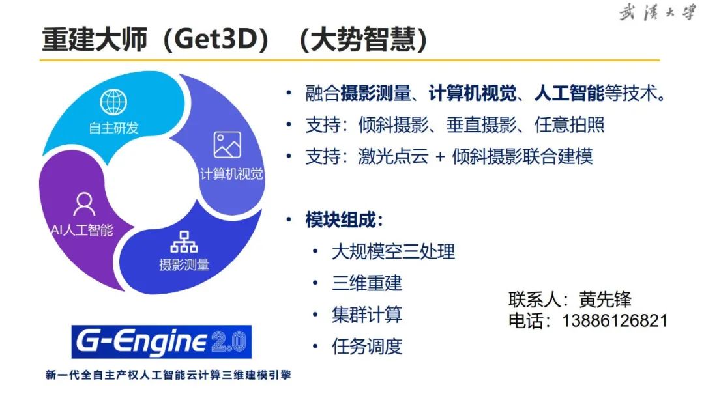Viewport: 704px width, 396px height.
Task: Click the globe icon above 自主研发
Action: point(113,102)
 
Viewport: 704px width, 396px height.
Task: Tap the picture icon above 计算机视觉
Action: point(227,145)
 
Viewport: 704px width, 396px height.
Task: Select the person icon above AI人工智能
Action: point(83,205)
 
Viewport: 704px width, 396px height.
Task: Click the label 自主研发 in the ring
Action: point(114,128)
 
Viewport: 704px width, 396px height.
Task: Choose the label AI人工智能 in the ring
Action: point(82,230)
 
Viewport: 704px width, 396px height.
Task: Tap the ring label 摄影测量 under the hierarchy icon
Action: point(184,264)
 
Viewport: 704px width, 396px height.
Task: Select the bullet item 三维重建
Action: point(367,283)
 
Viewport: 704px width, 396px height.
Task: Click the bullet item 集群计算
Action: point(367,315)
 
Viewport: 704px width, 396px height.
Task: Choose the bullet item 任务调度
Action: point(367,346)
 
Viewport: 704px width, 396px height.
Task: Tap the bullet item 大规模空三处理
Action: point(393,251)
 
